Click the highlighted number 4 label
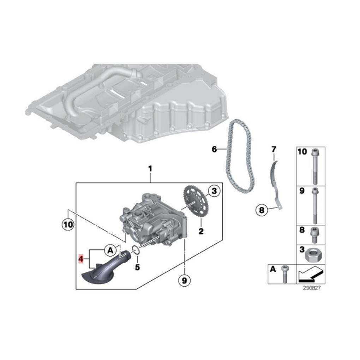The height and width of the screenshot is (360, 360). pos(81,259)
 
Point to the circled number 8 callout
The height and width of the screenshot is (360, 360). pos(262,211)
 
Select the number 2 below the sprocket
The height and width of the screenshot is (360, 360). pos(201,232)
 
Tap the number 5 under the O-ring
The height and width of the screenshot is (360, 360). pos(137,267)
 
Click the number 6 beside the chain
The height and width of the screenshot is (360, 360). pos(214,149)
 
